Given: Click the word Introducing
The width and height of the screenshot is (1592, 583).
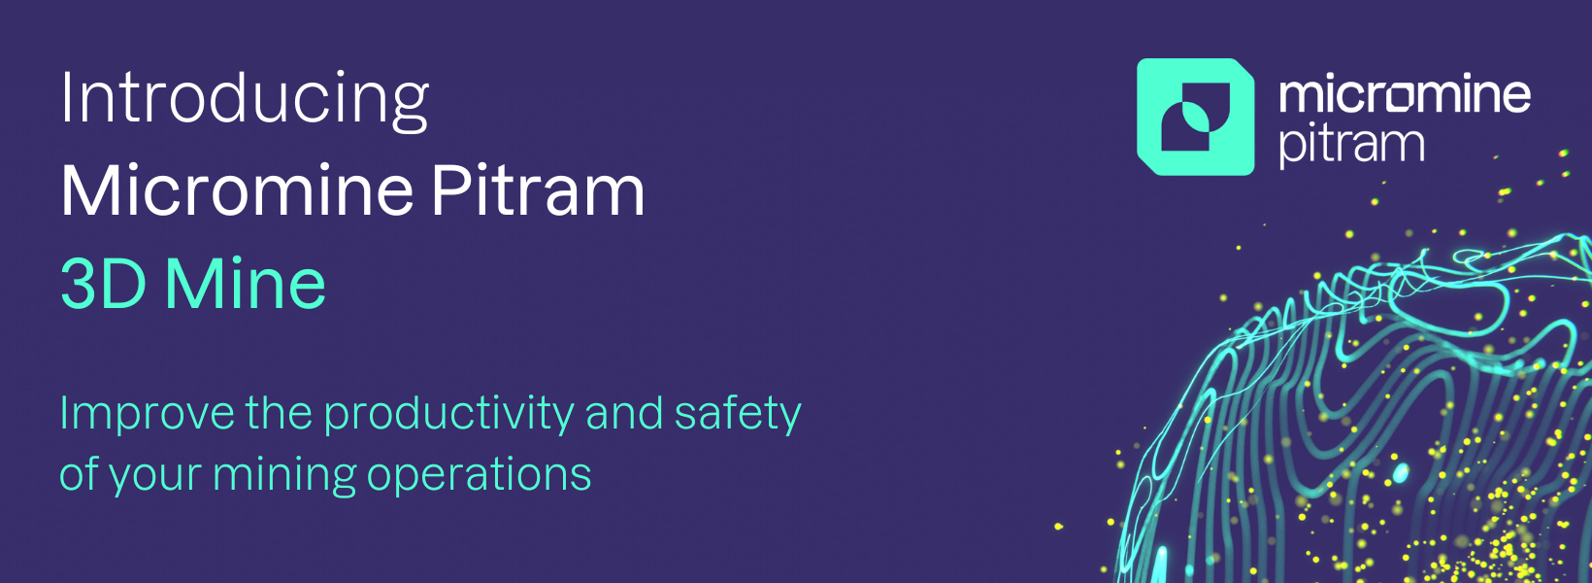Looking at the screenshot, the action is [245, 100].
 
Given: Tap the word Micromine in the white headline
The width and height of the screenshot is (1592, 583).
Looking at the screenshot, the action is [238, 190].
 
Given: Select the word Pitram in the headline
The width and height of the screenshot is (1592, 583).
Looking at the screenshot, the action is [538, 190].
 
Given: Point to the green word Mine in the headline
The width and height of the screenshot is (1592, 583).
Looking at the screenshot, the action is [246, 284].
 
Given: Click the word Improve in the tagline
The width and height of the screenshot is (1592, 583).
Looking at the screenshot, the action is [148, 415].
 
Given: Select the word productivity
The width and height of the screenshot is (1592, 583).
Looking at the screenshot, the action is [449, 415].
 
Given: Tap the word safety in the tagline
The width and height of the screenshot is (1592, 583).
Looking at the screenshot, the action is [738, 415].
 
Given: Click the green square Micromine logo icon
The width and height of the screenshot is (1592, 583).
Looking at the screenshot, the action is [1195, 117].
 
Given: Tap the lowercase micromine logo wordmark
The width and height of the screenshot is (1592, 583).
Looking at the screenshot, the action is [1405, 95].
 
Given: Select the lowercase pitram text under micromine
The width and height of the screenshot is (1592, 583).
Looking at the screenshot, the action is [1352, 146].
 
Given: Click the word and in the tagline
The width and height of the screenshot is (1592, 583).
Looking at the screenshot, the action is [624, 413].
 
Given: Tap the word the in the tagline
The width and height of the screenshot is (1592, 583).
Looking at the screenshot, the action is [279, 413].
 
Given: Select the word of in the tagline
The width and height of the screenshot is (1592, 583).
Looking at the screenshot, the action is [79, 474].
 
